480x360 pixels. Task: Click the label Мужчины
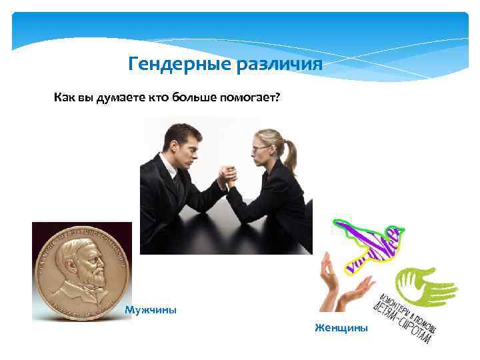(151, 310)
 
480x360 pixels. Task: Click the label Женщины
(341, 327)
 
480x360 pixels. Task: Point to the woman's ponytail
(289, 155)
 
